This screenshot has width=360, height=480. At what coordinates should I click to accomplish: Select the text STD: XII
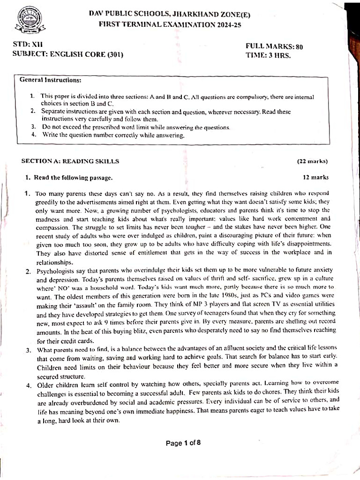tap(28, 45)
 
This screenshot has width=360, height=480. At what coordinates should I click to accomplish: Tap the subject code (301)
tap(112, 54)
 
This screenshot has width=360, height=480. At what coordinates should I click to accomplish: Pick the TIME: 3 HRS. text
tap(268, 55)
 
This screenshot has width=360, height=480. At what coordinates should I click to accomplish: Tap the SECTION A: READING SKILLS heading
tap(70, 161)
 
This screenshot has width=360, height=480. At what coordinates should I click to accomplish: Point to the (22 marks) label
tap(312, 162)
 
